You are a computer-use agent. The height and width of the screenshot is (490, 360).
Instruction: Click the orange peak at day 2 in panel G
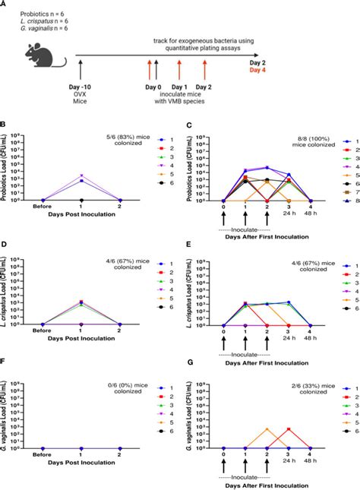[267, 429]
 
